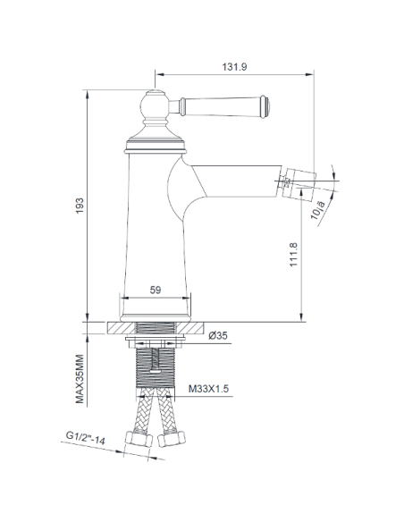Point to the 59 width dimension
[x=154, y=289]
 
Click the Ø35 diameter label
[x=218, y=337]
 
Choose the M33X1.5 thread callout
[x=211, y=388]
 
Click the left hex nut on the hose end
[x=141, y=441]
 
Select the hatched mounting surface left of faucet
[x=105, y=328]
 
